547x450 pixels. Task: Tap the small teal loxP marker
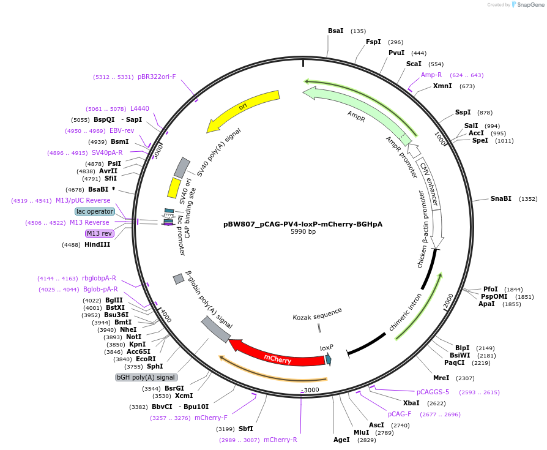click(x=329, y=359)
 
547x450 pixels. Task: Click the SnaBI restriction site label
click(x=500, y=198)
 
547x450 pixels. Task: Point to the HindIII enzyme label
click(x=97, y=244)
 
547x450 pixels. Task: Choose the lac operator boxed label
click(x=95, y=211)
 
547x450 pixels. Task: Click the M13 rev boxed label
click(x=99, y=233)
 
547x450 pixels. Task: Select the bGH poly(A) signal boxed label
click(x=146, y=377)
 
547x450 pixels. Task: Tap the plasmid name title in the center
click(x=303, y=224)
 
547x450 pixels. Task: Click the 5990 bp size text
click(x=303, y=232)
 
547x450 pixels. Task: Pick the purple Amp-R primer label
click(x=431, y=75)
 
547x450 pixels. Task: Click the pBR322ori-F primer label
click(x=157, y=77)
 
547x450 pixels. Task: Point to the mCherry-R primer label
click(x=280, y=440)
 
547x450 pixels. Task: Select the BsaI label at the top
click(x=336, y=31)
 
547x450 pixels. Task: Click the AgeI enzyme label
click(x=341, y=440)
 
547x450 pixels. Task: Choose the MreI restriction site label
click(x=441, y=378)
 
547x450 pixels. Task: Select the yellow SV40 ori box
click(x=174, y=187)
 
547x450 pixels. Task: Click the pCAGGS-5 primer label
click(x=433, y=392)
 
